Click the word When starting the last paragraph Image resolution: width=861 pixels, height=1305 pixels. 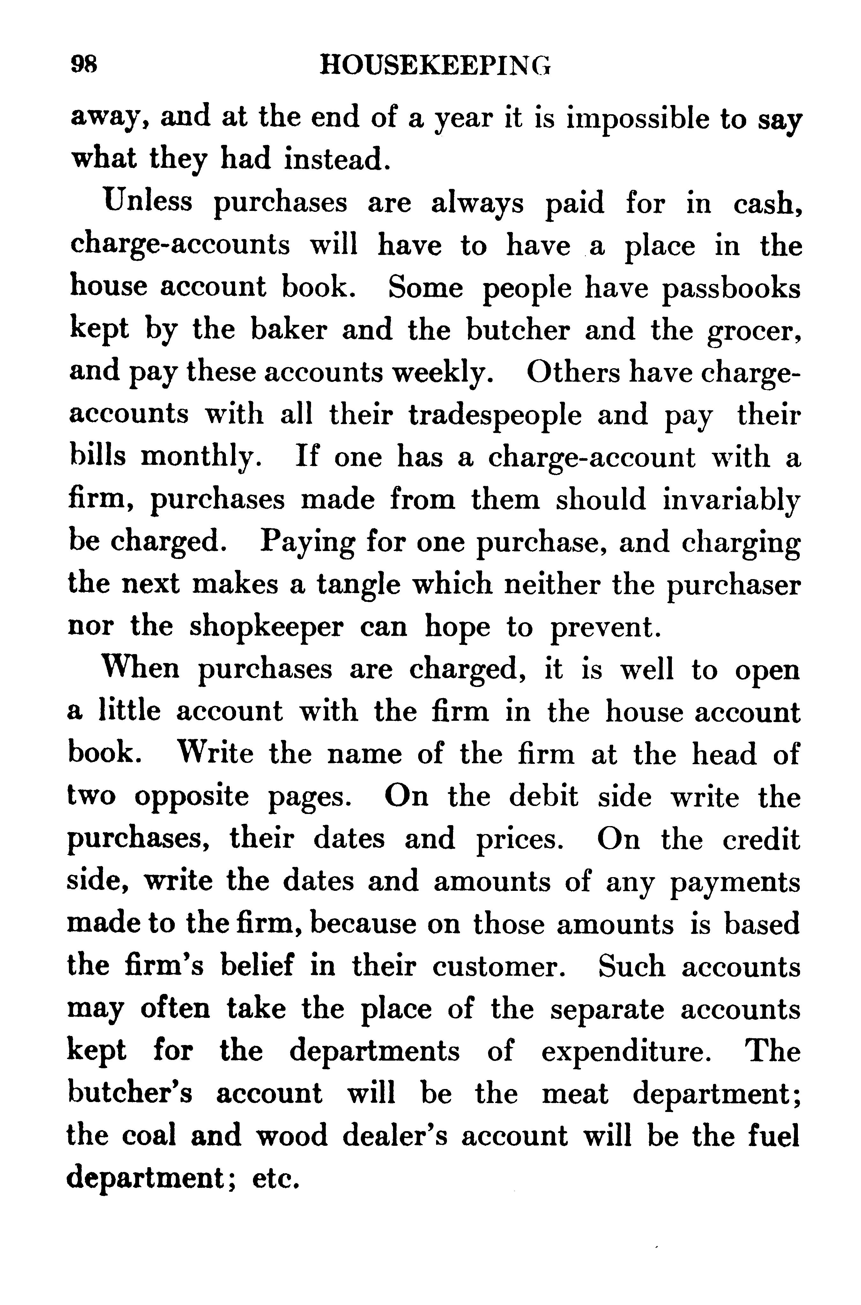[141, 669]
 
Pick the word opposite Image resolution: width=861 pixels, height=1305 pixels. [192, 796]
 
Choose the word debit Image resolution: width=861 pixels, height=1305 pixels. [544, 796]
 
